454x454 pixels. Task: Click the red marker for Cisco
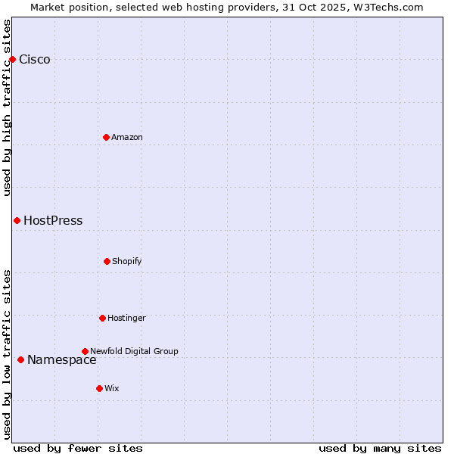pyautogui.click(x=12, y=59)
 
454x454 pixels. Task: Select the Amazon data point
pyautogui.click(x=106, y=137)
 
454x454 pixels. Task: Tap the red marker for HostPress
pyautogui.click(x=17, y=220)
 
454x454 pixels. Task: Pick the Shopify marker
pyautogui.click(x=107, y=261)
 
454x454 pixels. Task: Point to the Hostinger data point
pyautogui.click(x=102, y=318)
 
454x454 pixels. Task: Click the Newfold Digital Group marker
pyautogui.click(x=85, y=351)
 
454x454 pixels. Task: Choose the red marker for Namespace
pyautogui.click(x=20, y=359)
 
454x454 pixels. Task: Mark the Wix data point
pyautogui.click(x=99, y=388)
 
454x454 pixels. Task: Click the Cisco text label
pyautogui.click(x=35, y=60)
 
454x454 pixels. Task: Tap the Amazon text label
pyautogui.click(x=127, y=137)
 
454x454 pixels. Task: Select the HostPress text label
pyautogui.click(x=53, y=221)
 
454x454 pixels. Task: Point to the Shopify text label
pyautogui.click(x=127, y=261)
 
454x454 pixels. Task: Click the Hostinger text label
pyautogui.click(x=126, y=318)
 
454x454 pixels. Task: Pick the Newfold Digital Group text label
pyautogui.click(x=134, y=351)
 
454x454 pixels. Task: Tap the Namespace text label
pyautogui.click(x=62, y=360)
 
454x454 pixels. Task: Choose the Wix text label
pyautogui.click(x=112, y=388)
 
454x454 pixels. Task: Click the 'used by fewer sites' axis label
pyautogui.click(x=78, y=448)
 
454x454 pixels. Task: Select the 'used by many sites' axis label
pyautogui.click(x=380, y=448)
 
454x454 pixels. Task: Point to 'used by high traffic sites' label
pyautogui.click(x=8, y=107)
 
